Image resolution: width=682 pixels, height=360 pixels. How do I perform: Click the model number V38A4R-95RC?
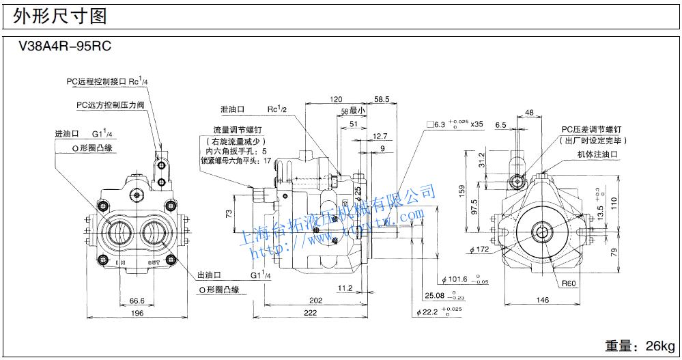tap(65, 47)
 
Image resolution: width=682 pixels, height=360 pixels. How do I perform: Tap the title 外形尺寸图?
tap(60, 16)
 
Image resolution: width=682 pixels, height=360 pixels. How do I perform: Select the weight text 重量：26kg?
tap(639, 346)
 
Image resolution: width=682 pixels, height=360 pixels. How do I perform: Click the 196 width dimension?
tap(137, 313)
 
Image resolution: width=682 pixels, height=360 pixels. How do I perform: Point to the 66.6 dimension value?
tap(137, 300)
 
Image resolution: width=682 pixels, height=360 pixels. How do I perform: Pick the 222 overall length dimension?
tap(310, 313)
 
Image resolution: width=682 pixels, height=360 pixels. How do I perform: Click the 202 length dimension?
tap(315, 300)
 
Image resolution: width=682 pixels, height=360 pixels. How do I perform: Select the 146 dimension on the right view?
tap(543, 300)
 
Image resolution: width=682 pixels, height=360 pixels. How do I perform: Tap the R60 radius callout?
tap(569, 283)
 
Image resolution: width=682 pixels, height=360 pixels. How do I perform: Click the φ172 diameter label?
tap(479, 250)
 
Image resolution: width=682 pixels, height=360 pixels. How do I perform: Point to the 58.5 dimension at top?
tap(382, 99)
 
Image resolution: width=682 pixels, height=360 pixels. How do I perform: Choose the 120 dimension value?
tap(335, 99)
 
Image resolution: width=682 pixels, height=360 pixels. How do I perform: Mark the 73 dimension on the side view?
tap(229, 214)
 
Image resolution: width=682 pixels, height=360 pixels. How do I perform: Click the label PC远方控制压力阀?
tap(110, 105)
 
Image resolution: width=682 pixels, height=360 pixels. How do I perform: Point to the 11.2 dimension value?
tap(345, 288)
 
